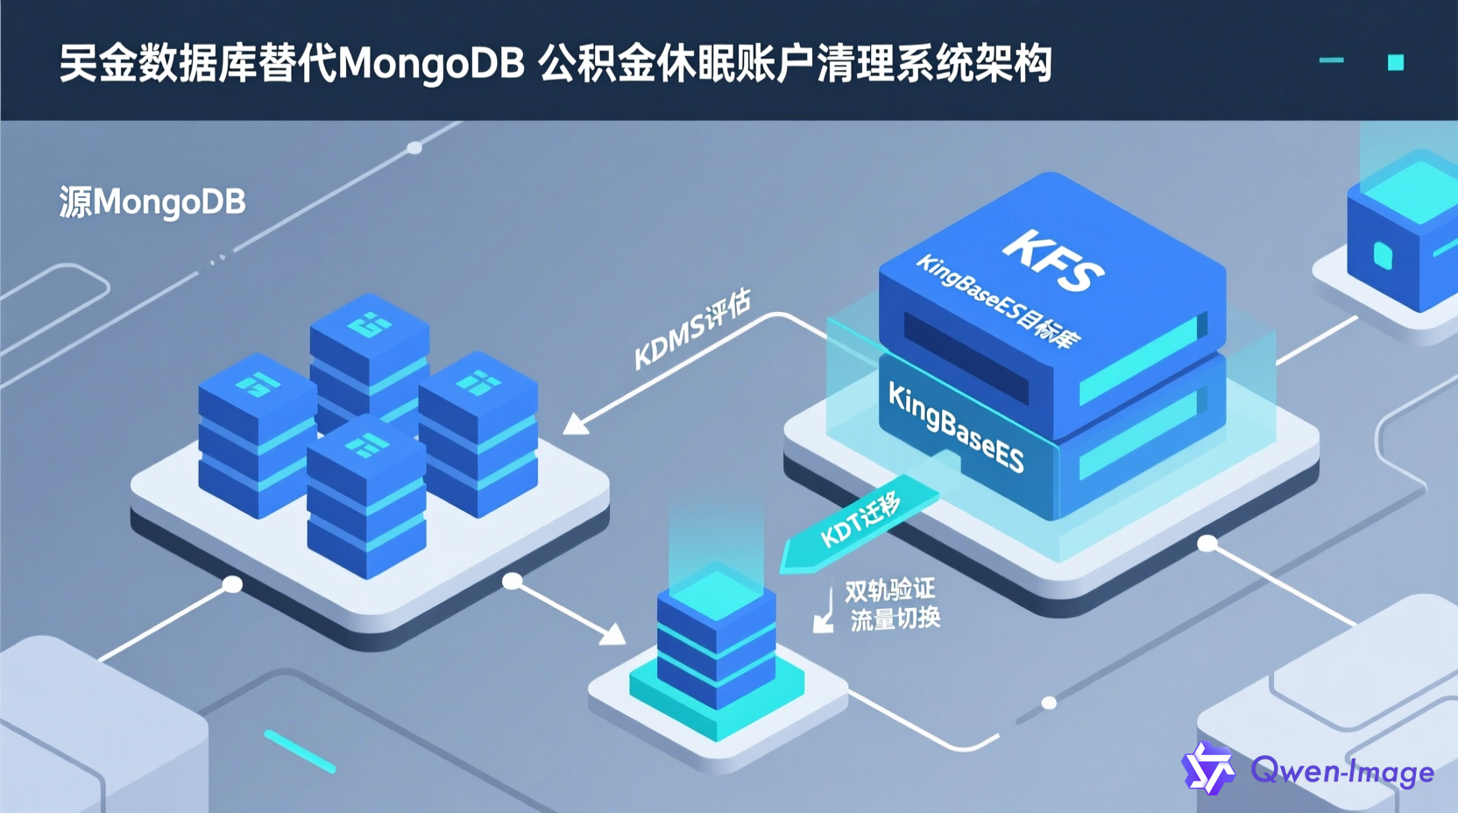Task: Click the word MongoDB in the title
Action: coord(431,64)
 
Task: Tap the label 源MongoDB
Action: coord(152,202)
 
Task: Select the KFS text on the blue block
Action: coord(1052,259)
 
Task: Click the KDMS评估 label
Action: coord(692,329)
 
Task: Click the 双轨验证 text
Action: coord(889,590)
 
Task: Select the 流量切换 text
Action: coord(895,619)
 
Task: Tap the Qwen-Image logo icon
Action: coord(1208,768)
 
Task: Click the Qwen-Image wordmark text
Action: coord(1342,772)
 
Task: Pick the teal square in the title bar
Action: coord(1396,62)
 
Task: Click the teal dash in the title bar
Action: coord(1331,60)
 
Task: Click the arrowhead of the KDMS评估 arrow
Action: coord(575,425)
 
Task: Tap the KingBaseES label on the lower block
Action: coord(955,428)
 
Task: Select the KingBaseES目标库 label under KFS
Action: coord(998,301)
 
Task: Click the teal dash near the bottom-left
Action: coord(300,752)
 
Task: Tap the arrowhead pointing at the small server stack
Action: coord(613,634)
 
